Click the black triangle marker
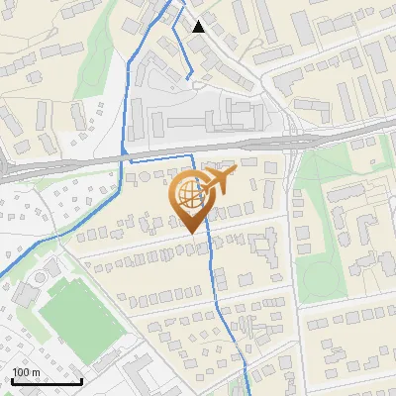point(200,27)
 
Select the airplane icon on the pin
point(221,181)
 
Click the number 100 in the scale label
point(21,372)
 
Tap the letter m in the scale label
point(36,372)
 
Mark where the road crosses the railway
point(294,142)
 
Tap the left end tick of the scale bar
point(12,381)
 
